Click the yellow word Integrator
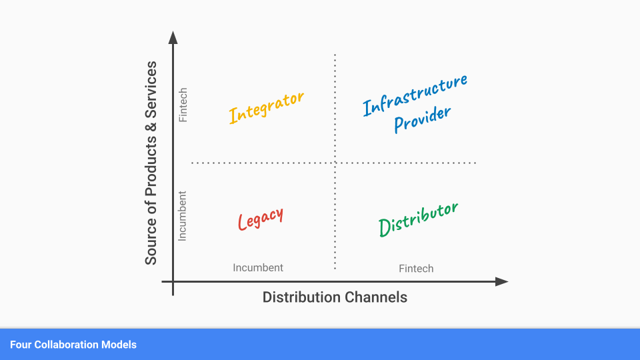[266, 107]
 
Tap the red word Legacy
[261, 218]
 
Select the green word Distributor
[418, 219]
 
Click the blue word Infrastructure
[415, 95]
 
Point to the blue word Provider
[422, 119]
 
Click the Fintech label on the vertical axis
[183, 105]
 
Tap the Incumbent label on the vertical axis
[183, 216]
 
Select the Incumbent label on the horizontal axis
[258, 267]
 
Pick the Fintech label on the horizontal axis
[416, 269]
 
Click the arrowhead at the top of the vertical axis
[173, 36]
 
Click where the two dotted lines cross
[335, 163]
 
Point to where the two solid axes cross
[173, 282]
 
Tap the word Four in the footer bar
[20, 345]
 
